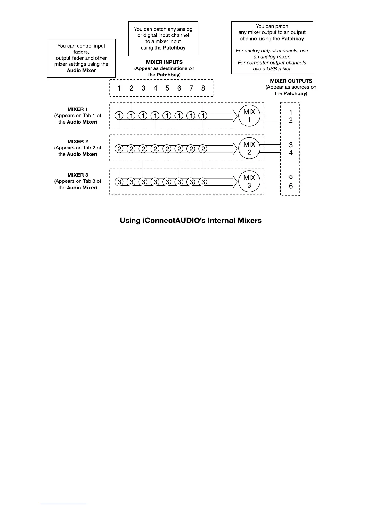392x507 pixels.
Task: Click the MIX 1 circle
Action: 249,116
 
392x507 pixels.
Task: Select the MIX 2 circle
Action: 249,149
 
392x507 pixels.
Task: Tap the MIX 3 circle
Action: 249,181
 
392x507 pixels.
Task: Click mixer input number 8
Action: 203,88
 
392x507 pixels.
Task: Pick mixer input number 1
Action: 119,88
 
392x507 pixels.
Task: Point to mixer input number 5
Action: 167,88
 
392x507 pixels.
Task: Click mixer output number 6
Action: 290,186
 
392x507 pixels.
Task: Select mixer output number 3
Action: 290,145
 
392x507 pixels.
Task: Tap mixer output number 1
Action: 290,112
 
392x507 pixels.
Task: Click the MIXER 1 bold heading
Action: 78,109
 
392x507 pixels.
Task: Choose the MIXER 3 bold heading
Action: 78,175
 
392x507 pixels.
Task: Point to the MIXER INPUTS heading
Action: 164,62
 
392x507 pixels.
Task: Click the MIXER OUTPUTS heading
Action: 291,81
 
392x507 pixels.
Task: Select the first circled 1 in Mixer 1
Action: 119,116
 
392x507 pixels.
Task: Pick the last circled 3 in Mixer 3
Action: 203,182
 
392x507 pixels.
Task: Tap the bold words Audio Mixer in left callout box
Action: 81,70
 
